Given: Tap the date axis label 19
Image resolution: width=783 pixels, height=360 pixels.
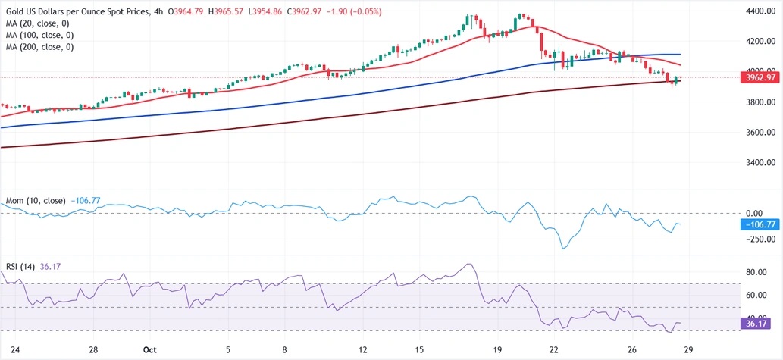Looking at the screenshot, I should coord(496,350).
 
